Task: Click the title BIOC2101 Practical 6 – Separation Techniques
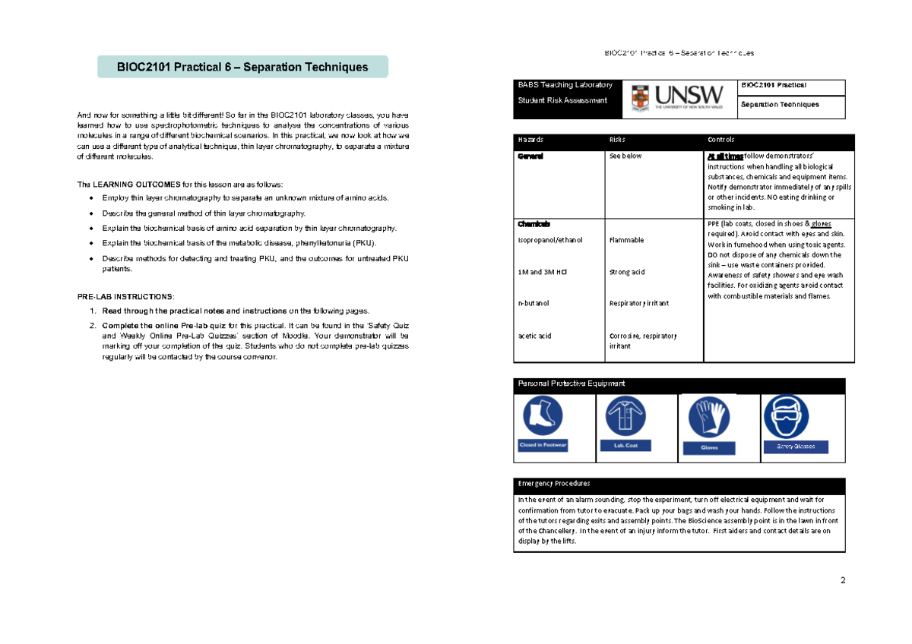click(242, 67)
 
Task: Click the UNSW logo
click(673, 99)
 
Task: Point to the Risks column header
click(619, 140)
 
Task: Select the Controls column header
click(720, 140)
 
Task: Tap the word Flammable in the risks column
click(626, 240)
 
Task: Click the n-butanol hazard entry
click(534, 303)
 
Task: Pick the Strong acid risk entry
click(627, 272)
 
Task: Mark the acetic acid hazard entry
click(535, 336)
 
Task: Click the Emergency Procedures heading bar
click(679, 484)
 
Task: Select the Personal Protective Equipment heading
click(571, 384)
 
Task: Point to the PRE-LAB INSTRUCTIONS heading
click(125, 295)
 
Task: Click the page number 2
click(842, 581)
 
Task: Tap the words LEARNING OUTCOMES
click(135, 185)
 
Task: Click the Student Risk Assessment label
click(562, 100)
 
